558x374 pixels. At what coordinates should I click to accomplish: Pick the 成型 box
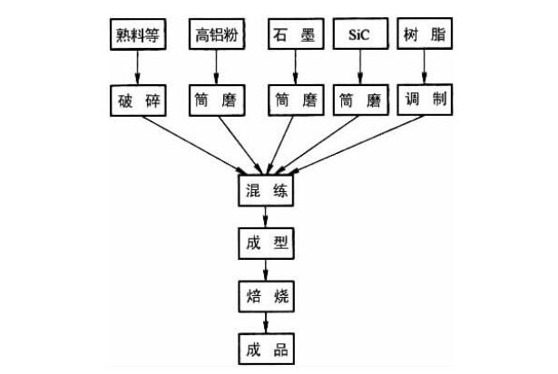265,244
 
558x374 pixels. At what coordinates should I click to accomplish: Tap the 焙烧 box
265,296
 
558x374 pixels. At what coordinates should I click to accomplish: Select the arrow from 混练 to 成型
265,218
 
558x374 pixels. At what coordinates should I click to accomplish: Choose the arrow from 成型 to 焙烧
265,270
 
